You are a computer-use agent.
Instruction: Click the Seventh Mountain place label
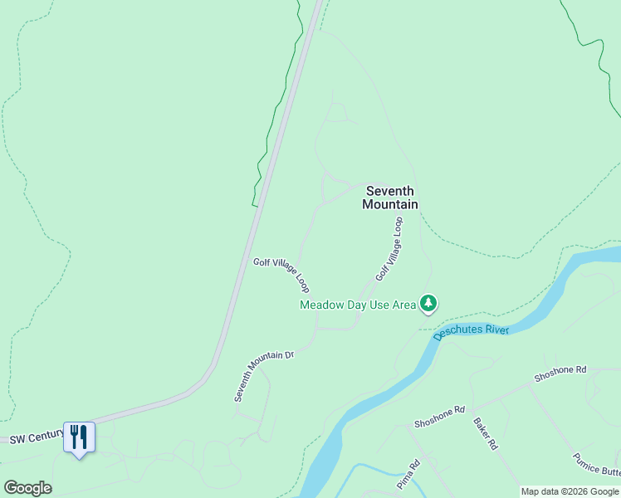point(389,198)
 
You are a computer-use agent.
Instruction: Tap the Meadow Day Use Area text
point(357,305)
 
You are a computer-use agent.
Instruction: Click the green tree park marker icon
point(428,304)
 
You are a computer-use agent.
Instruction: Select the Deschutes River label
point(470,330)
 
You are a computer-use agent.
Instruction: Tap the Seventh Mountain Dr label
point(264,375)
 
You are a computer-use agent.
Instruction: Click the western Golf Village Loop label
point(282,275)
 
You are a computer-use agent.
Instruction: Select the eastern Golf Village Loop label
point(389,248)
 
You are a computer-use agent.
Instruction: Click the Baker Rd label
point(485,433)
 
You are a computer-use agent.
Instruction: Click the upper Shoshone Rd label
point(560,373)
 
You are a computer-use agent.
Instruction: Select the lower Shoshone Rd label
point(440,417)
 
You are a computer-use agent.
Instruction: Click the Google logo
point(27,487)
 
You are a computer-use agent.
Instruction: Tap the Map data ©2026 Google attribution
point(570,492)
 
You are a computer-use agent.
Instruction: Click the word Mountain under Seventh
point(389,204)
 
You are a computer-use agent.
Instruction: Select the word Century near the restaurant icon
point(46,435)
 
